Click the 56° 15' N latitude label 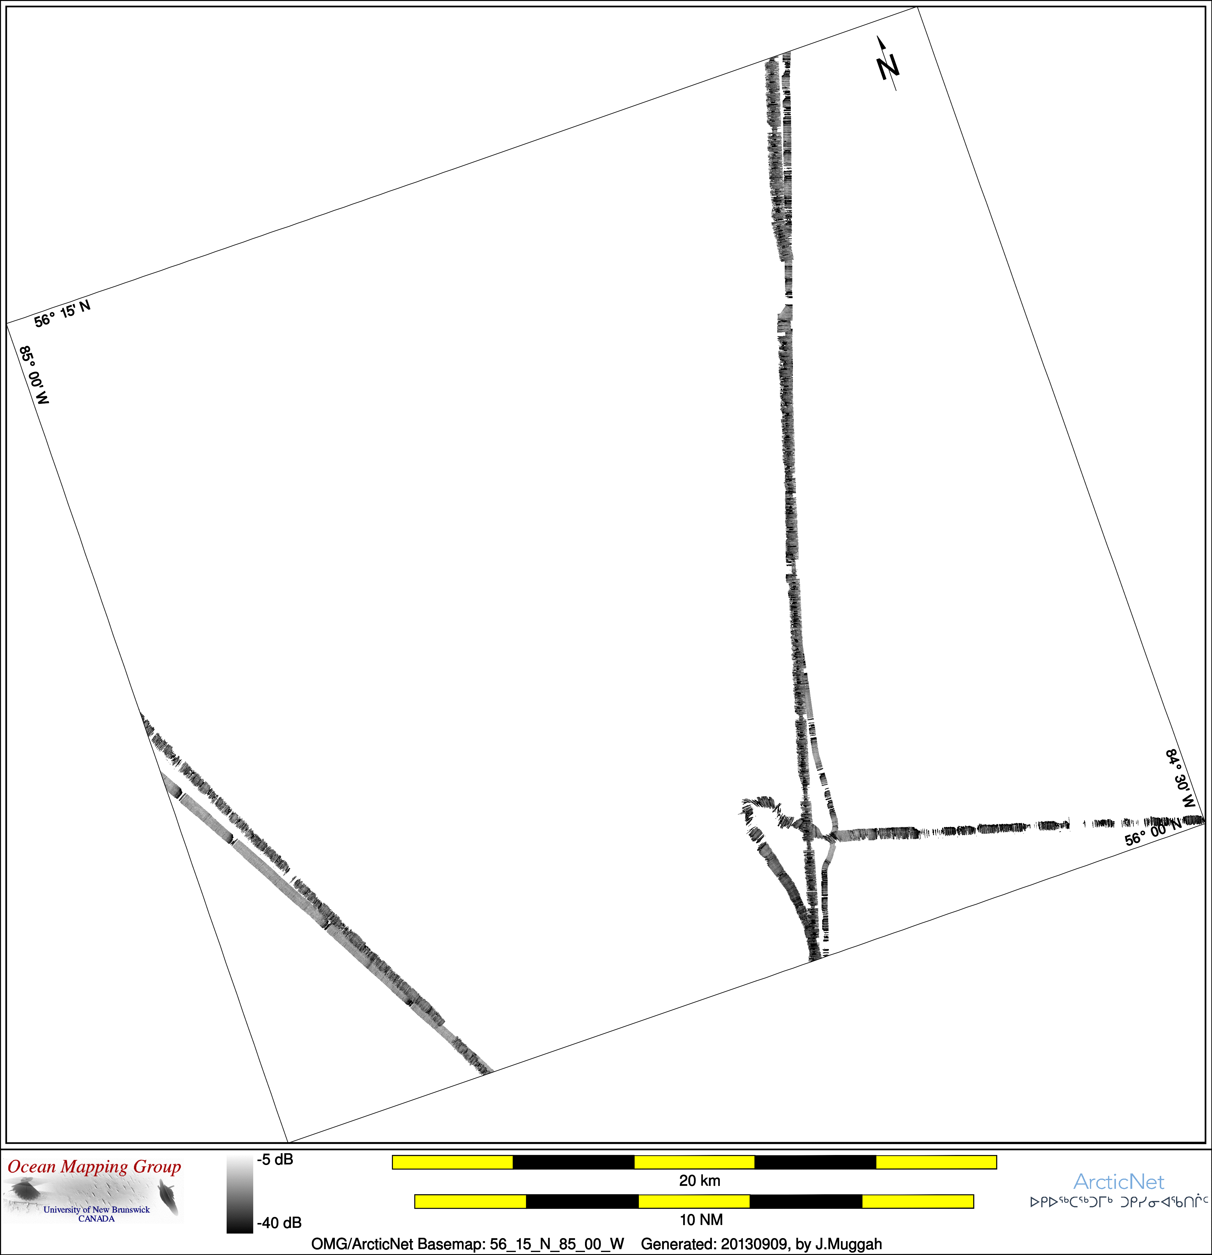[62, 314]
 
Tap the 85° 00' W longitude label [34, 375]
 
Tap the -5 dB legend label [275, 1160]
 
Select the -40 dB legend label [279, 1223]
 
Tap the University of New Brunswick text [97, 1209]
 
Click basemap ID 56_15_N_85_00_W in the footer [557, 1244]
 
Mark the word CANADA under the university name [97, 1218]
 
